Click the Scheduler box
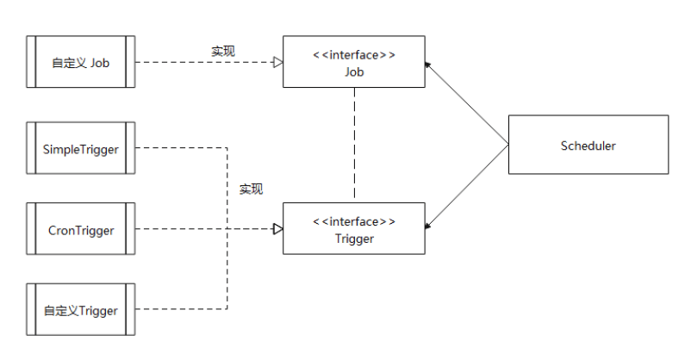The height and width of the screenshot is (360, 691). pos(588,145)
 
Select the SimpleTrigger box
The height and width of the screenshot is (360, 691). pos(81,148)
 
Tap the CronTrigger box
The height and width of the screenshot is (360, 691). pos(81,229)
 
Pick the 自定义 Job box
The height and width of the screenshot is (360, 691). pos(81,62)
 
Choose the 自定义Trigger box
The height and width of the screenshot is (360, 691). pos(81,309)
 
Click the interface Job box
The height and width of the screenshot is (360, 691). pos(354,62)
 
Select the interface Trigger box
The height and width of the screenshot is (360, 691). pos(354,229)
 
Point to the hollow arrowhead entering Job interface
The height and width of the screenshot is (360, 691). pos(278,62)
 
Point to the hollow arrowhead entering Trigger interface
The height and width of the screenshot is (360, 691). pos(278,229)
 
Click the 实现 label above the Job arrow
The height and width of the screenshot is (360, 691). pos(223,51)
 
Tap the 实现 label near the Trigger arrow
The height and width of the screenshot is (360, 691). pos(252,189)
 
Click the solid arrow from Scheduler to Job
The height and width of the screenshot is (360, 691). pos(467,103)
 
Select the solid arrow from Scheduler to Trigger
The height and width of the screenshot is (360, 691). pos(467,186)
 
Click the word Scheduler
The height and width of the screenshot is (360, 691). pos(588,146)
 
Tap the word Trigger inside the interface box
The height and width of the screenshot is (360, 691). pos(354,239)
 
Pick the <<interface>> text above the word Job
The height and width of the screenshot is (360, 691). pos(354,55)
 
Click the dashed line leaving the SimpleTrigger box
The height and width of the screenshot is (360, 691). pos(181,147)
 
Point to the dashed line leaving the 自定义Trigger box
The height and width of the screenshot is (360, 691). pos(181,309)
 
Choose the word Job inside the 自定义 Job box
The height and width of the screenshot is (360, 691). pos(100,63)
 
